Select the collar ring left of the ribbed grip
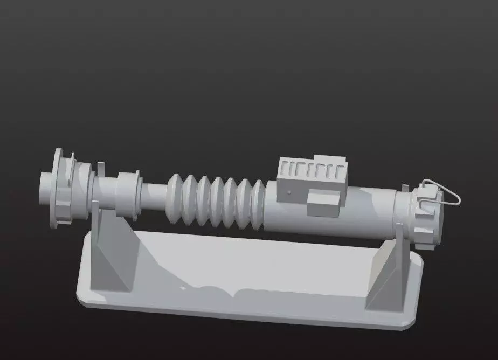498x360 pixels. click(127, 193)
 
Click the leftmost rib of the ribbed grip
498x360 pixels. click(175, 198)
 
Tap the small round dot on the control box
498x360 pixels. click(289, 192)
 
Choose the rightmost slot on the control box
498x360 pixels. click(338, 172)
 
